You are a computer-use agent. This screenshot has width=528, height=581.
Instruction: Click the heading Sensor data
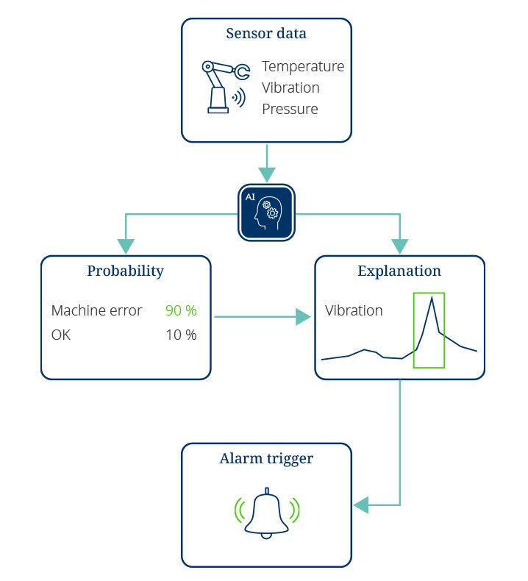pos(266,33)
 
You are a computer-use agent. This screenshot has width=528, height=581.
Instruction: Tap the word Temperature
pos(303,67)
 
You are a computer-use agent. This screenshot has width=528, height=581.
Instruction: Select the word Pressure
pos(290,109)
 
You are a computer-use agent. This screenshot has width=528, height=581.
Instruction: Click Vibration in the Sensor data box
pos(290,88)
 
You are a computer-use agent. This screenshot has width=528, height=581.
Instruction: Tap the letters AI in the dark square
pos(250,197)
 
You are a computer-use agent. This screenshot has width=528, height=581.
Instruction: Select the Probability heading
pos(125,271)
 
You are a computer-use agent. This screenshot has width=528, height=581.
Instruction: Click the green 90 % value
pos(181,310)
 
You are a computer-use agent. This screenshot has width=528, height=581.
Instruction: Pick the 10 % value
pos(181,335)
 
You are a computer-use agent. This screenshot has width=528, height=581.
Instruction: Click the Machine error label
pos(96,310)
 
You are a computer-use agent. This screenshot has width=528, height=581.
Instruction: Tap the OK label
pos(61,335)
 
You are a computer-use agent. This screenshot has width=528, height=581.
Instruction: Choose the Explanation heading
pos(399,271)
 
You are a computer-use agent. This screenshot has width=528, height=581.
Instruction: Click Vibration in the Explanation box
pos(354,310)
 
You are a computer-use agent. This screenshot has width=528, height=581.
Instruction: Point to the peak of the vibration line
pos(432,297)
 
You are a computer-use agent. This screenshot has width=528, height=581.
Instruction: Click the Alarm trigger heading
pos(266,459)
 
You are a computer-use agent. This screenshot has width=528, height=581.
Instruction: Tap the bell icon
pos(266,513)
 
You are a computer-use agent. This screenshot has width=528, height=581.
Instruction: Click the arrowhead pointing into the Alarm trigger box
pos(361,505)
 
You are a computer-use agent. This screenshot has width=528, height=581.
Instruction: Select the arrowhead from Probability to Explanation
pos(303,317)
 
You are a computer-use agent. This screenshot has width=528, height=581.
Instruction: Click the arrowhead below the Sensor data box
pos(266,174)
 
